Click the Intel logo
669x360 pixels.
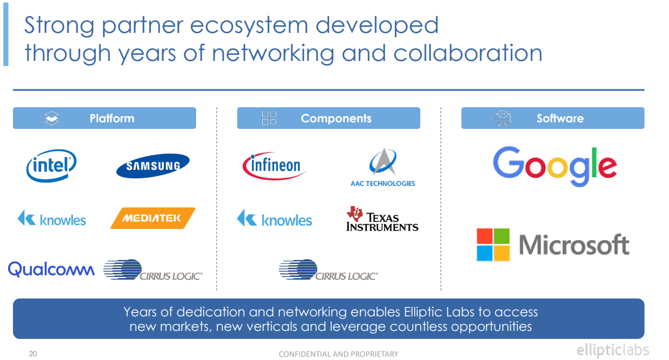(x=51, y=165)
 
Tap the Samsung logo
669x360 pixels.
(x=153, y=166)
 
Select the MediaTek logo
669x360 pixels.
(x=152, y=218)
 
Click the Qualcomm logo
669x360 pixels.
(x=52, y=268)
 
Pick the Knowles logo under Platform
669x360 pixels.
(x=52, y=219)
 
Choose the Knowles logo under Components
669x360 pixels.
(x=275, y=219)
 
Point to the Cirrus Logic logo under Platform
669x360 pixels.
(x=153, y=271)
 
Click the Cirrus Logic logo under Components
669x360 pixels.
(x=329, y=271)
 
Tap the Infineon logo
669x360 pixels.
(x=274, y=165)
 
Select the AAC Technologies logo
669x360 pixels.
(x=382, y=167)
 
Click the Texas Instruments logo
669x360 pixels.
(x=382, y=219)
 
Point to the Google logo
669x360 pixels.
(x=555, y=166)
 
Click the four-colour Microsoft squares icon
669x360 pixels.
(x=493, y=245)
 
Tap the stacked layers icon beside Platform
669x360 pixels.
(x=52, y=119)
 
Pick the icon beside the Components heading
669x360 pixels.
(x=269, y=119)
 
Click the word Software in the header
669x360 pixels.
(x=560, y=119)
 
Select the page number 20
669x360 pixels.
(x=33, y=354)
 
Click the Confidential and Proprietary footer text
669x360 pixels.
(x=338, y=354)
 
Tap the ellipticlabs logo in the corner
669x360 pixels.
(x=612, y=350)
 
